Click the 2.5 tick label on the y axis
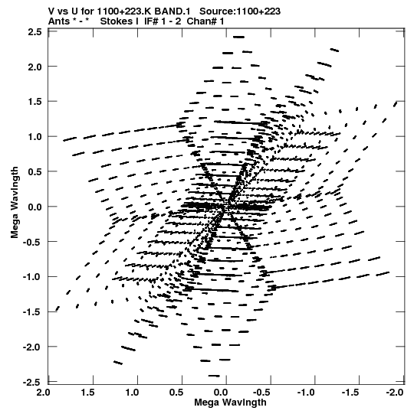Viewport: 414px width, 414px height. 34,32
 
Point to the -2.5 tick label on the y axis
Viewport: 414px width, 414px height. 32,382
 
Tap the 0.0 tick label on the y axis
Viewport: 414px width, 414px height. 34,207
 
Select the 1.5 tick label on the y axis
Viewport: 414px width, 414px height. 34,102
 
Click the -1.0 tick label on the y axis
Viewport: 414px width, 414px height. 32,277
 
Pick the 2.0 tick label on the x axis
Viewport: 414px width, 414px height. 43,393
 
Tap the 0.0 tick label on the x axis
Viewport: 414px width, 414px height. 220,393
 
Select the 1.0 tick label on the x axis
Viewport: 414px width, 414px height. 131,393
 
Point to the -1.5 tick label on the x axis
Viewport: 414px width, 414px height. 350,393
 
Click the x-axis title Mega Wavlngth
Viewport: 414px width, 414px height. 230,403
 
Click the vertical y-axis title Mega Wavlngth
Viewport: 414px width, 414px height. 15,203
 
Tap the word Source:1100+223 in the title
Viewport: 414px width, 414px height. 240,11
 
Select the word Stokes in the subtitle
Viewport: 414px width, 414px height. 119,21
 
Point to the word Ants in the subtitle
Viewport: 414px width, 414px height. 59,21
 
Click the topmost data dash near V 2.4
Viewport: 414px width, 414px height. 238,37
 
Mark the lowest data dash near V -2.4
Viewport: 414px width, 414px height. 214,376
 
